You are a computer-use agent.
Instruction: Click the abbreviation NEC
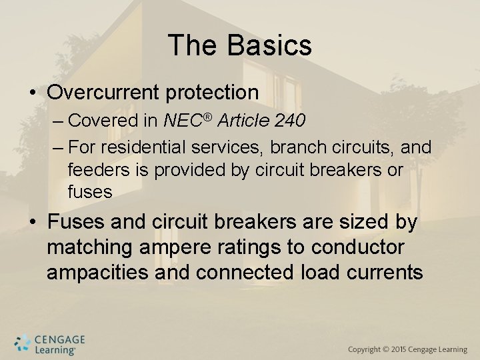pyautogui.click(x=183, y=121)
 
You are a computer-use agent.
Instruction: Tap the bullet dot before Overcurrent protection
pyautogui.click(x=33, y=93)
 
